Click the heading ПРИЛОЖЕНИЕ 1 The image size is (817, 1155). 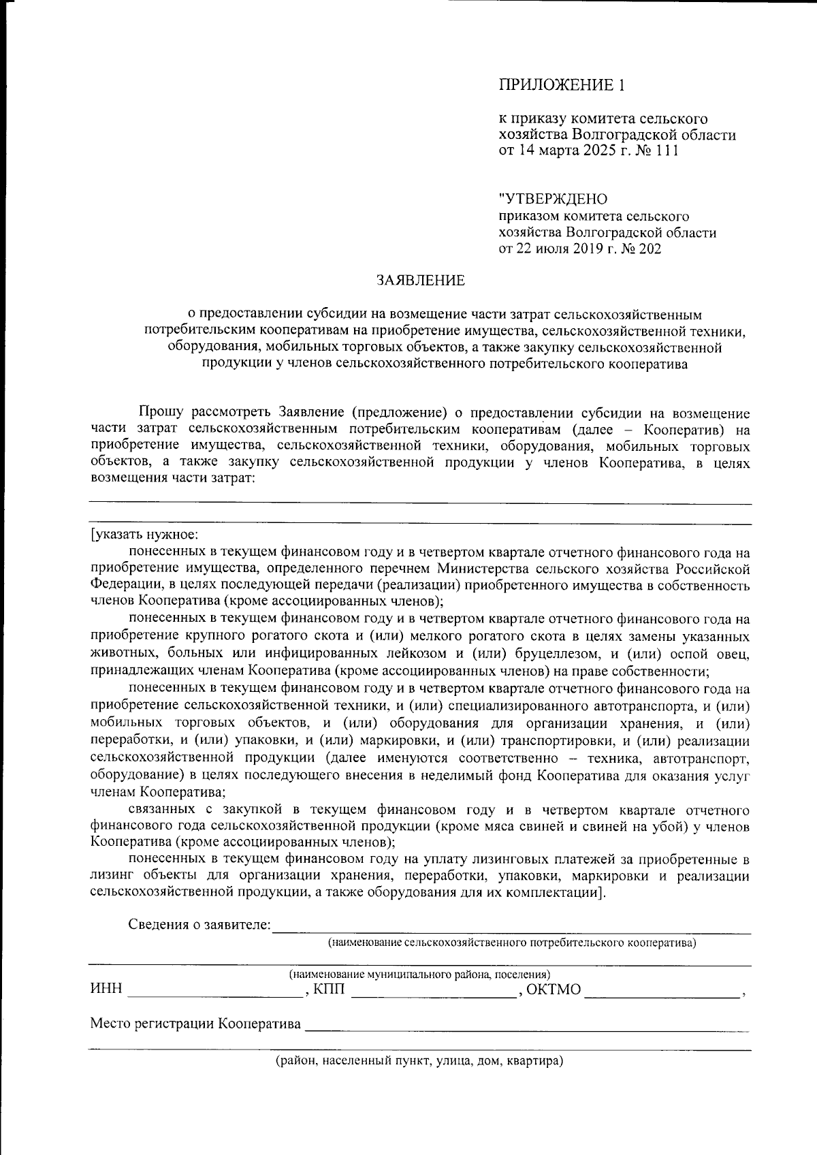562,86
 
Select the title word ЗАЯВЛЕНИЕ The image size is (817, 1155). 421,280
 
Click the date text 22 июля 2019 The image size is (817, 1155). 562,249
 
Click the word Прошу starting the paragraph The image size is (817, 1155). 159,413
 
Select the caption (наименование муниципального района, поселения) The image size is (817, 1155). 420,974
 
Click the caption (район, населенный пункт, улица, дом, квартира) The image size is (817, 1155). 419,1061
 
